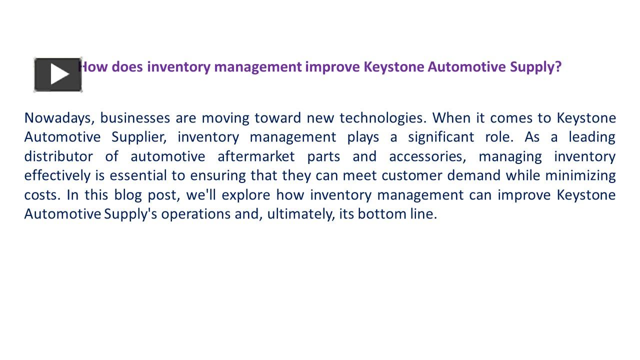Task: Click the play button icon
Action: tap(58, 75)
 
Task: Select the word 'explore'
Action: tap(245, 194)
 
